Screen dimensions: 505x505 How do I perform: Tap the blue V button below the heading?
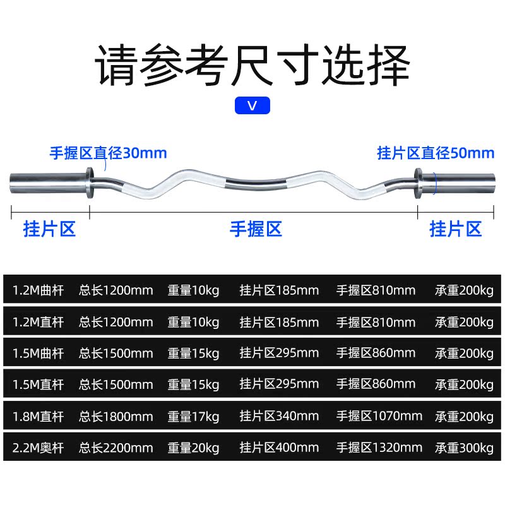pos(252,105)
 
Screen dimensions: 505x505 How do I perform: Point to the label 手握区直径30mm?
pos(109,153)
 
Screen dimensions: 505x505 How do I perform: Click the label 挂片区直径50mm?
pos(436,153)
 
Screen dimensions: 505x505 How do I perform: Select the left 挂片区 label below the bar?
pos(49,229)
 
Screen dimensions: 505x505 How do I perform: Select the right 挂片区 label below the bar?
pos(456,229)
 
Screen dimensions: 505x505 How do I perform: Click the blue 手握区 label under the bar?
pos(255,229)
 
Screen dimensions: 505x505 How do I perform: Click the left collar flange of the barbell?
pos(90,182)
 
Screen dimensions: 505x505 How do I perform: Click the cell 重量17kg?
pos(193,417)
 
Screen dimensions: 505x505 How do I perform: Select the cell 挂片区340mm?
pos(279,417)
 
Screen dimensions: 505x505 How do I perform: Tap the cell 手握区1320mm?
pos(379,448)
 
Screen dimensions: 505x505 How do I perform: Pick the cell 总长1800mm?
pos(116,417)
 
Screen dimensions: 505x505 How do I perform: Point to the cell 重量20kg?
pos(193,448)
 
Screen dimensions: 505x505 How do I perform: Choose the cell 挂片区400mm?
pos(279,448)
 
